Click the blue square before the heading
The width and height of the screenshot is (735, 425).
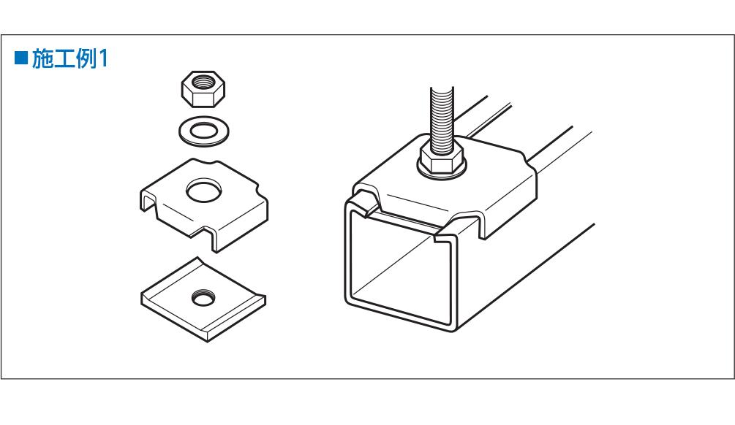pos(21,58)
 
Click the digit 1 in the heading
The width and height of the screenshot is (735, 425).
pos(103,58)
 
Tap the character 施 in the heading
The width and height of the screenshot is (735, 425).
pos(42,58)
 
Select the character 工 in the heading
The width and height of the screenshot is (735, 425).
pos(64,58)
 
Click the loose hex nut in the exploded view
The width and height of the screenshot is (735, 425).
pos(203,89)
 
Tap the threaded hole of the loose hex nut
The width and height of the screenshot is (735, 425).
pos(203,83)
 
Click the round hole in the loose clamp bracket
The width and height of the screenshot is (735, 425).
pos(204,190)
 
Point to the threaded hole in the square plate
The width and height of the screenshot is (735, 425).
pos(203,297)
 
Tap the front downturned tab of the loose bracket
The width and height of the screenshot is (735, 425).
pos(211,240)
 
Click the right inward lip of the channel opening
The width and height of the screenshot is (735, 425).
pos(445,238)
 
